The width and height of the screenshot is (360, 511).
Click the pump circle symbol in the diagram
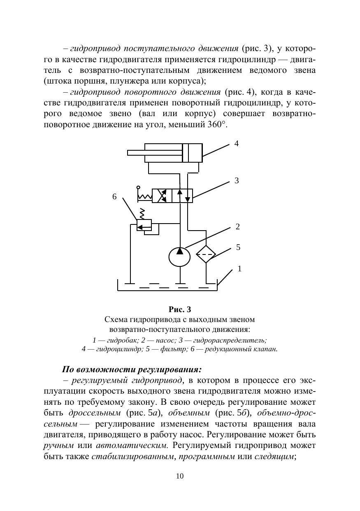tap(180, 257)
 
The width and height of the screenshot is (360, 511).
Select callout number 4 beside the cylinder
tap(236, 144)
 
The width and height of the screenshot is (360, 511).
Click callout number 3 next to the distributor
tap(237, 180)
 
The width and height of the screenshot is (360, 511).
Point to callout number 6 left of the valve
tap(115, 197)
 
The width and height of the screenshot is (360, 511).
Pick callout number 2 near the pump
tap(237, 226)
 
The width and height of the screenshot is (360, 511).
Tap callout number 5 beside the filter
tap(238, 247)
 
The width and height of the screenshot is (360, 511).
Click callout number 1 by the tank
tap(239, 269)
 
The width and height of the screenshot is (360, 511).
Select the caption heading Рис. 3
tap(180, 309)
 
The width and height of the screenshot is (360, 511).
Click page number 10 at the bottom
tap(180, 476)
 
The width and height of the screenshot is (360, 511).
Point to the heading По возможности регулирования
tap(132, 369)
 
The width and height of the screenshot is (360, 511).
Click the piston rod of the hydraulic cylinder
tap(154, 153)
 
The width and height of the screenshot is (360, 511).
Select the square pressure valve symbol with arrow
tap(144, 225)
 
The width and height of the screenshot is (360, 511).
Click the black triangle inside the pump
tap(180, 251)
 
